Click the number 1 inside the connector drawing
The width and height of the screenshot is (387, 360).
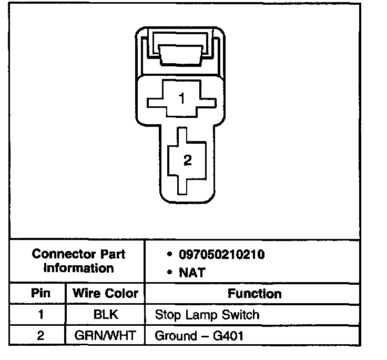(181, 99)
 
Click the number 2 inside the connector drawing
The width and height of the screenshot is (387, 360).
(188, 160)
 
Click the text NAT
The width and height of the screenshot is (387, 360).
(192, 273)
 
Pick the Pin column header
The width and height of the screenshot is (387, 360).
(40, 293)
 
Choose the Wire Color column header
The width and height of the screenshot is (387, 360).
(105, 293)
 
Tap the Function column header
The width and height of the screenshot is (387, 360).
(254, 294)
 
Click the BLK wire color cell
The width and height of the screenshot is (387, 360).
(105, 315)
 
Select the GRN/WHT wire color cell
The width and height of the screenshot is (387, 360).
(105, 336)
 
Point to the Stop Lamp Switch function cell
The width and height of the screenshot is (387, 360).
(207, 315)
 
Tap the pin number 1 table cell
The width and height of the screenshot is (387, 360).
(40, 315)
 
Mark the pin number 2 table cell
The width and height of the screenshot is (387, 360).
(40, 336)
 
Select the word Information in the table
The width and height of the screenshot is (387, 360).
(78, 268)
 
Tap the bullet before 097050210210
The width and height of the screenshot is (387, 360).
(169, 255)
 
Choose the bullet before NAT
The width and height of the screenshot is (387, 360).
(169, 273)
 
